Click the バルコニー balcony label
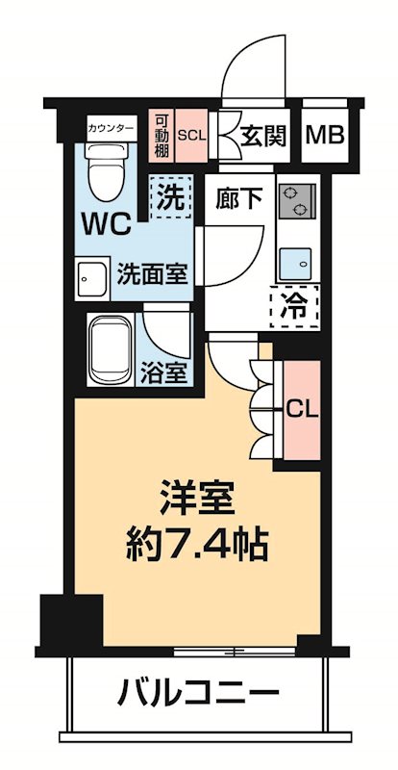tap(199, 691)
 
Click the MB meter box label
tap(324, 137)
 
